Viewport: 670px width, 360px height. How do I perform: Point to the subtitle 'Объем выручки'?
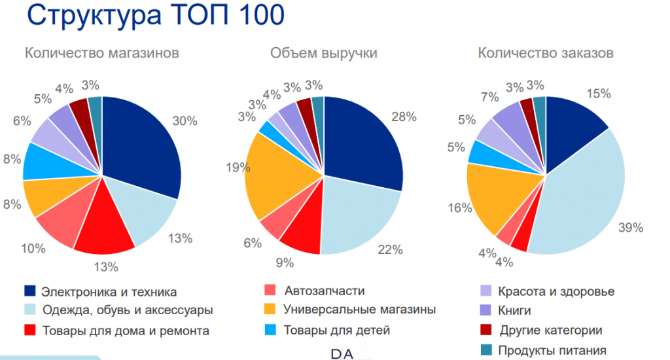coord(324,54)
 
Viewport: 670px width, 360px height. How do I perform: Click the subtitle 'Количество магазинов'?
coord(101,54)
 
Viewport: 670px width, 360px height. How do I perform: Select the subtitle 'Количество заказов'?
coord(546,54)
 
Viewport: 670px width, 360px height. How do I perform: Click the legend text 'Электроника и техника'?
coord(109,291)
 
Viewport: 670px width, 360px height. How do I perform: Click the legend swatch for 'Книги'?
coord(485,310)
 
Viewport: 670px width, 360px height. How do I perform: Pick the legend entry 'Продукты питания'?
coord(552,350)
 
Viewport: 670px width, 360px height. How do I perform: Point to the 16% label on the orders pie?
coord(460,208)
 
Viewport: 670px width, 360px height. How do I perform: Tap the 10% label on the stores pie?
coord(33,248)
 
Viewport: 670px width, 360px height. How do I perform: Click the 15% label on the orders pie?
coord(599,94)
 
